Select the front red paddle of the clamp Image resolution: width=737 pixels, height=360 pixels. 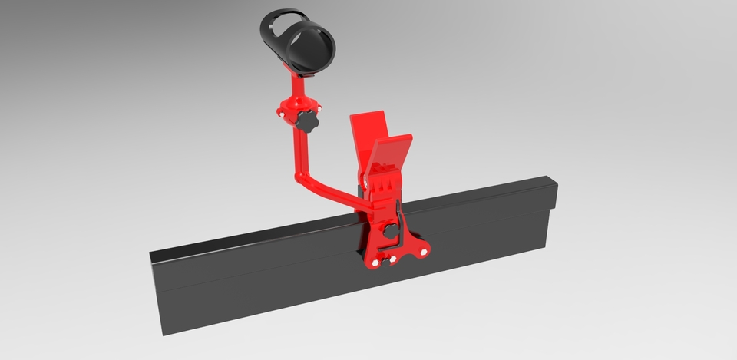click(393, 154)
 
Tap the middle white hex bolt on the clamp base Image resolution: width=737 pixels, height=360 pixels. click(392, 260)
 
